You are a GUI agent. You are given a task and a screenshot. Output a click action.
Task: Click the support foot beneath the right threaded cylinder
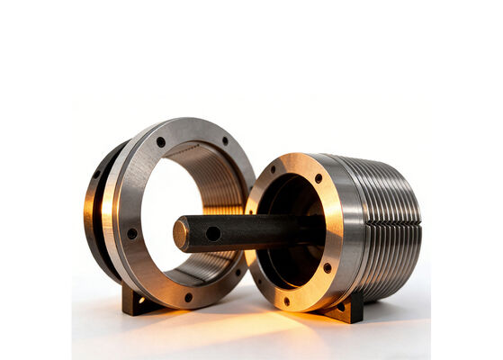click(x=347, y=309)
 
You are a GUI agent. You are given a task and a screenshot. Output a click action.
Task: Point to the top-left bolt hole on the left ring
click(x=161, y=141)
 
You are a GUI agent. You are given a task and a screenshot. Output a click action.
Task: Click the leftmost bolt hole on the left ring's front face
click(x=132, y=233)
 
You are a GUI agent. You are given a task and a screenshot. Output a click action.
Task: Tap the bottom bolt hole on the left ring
click(x=188, y=297)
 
